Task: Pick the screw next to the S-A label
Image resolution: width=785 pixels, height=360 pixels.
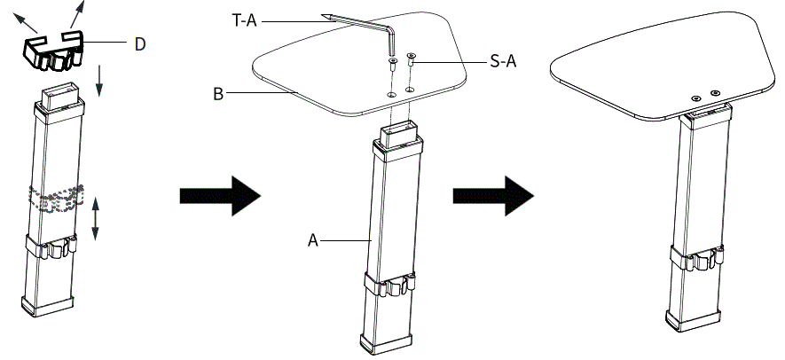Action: pyautogui.click(x=411, y=63)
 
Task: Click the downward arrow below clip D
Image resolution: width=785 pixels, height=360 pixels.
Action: pyautogui.click(x=99, y=80)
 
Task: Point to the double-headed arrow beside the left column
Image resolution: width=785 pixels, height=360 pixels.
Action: pyautogui.click(x=96, y=217)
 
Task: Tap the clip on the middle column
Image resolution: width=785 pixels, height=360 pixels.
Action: pyautogui.click(x=389, y=286)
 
